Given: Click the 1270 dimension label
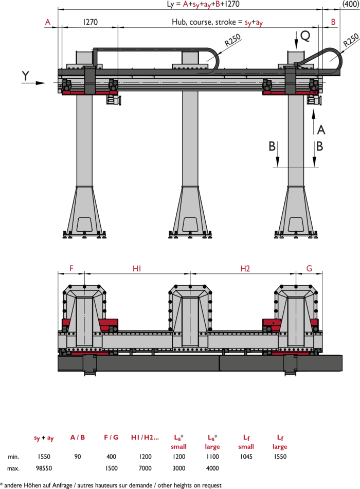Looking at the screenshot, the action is click(x=90, y=22).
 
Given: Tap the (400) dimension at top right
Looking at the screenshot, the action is click(x=351, y=4).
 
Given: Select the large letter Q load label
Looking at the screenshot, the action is click(x=305, y=36).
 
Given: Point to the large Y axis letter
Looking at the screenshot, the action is click(x=25, y=76).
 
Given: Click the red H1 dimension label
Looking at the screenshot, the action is click(x=137, y=269).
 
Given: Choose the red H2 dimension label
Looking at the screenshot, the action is click(x=245, y=269).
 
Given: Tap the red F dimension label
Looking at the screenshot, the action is click(x=71, y=269).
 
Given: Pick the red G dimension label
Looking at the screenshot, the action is click(x=309, y=269).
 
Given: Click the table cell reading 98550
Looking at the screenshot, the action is click(x=44, y=468).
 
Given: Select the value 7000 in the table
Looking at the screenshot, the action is click(x=145, y=468).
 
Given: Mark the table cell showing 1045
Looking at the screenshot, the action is click(x=246, y=457).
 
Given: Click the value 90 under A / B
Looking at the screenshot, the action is click(x=78, y=457).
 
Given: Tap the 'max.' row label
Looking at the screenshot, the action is click(x=13, y=468).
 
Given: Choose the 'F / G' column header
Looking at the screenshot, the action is click(x=111, y=437).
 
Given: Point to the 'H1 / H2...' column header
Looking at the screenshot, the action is click(x=145, y=437).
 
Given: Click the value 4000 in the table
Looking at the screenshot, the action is click(x=212, y=468).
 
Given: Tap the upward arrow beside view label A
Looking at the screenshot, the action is click(x=314, y=122).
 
